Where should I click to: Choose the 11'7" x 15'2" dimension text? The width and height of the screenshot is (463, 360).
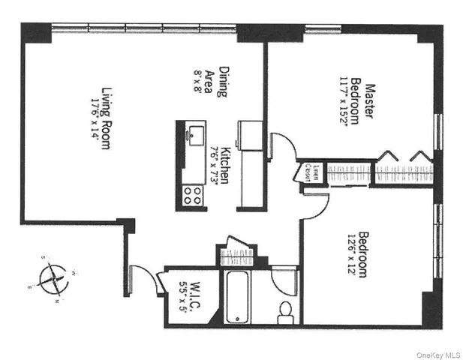pos(347,106)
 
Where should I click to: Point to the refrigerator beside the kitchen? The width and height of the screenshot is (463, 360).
pos(250,138)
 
